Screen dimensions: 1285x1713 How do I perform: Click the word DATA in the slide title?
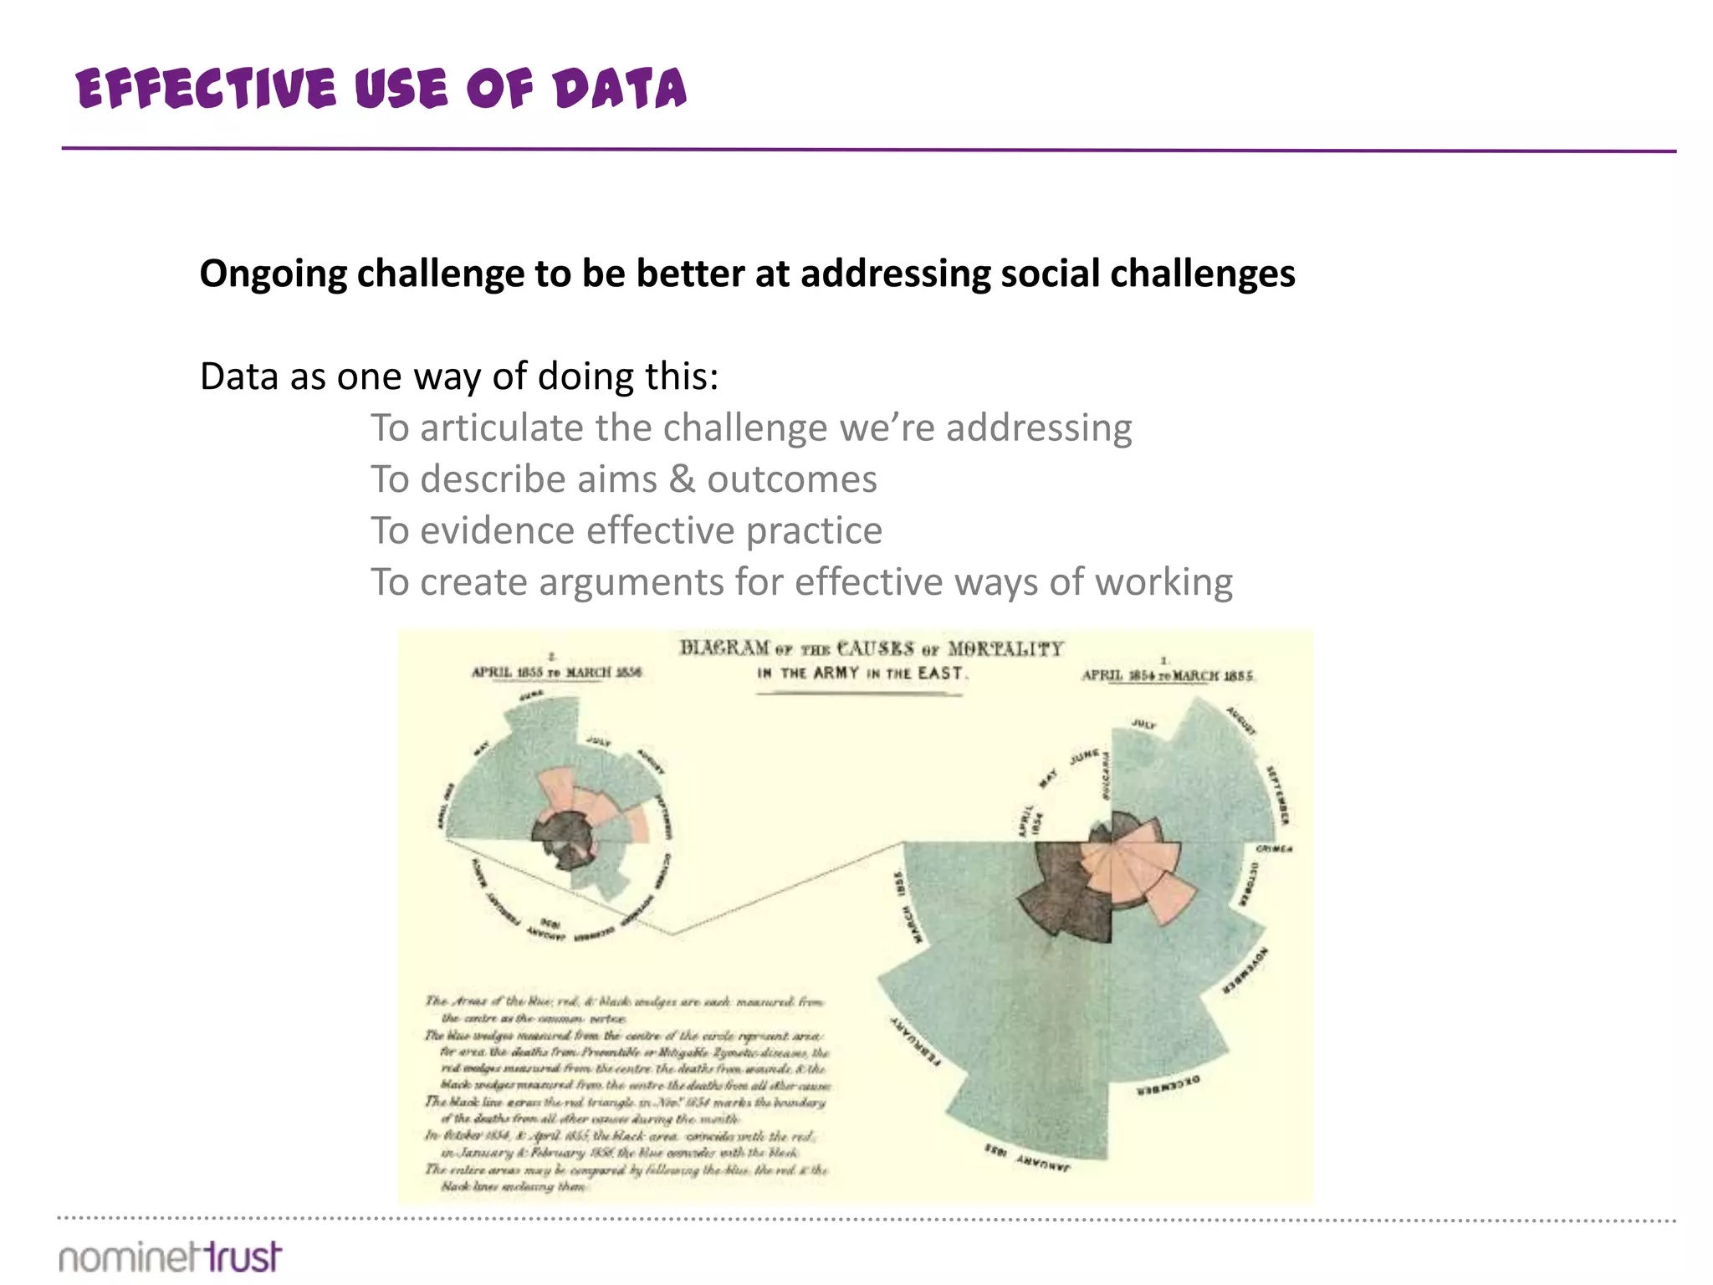click(619, 90)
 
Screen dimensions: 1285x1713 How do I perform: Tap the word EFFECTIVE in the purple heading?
click(206, 90)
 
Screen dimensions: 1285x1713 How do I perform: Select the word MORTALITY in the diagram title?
click(1005, 649)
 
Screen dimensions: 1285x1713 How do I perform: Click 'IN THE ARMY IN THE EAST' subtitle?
click(862, 673)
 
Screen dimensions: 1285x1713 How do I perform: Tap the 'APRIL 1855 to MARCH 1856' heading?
click(557, 672)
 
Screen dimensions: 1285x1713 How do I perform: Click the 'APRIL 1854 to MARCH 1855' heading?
click(1167, 675)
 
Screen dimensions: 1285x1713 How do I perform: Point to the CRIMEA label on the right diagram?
click(1274, 849)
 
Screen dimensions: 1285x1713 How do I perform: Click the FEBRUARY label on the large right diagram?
click(913, 1042)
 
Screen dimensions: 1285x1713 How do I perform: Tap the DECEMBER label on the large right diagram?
click(1168, 1085)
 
